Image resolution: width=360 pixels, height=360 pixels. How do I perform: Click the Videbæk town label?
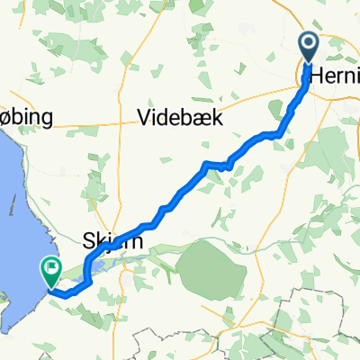click(x=180, y=118)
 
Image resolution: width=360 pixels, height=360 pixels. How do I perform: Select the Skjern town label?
click(x=108, y=240)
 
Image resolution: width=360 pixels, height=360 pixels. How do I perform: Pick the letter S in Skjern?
click(x=88, y=240)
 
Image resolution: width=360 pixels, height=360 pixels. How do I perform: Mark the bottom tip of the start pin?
click(x=308, y=63)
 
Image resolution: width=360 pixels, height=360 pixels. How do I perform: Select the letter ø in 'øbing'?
click(x=7, y=119)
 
